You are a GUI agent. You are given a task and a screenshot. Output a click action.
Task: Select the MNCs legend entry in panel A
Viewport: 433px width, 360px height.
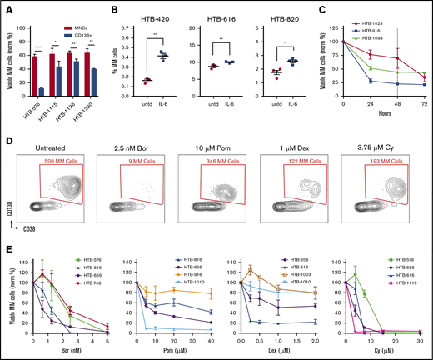[x=82, y=11]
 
